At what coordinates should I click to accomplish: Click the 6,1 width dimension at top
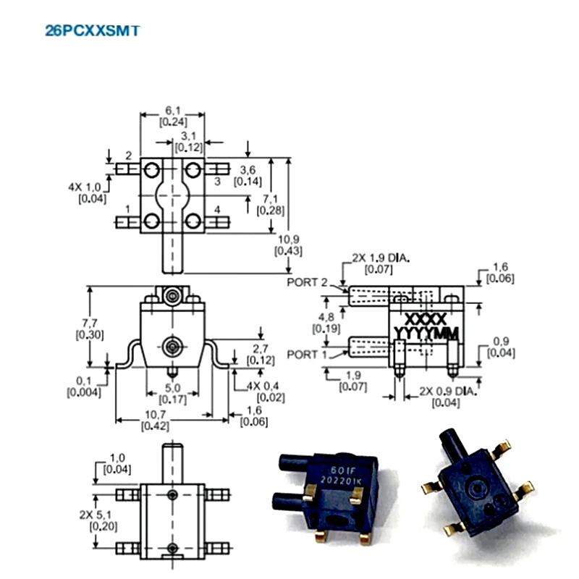tap(172, 110)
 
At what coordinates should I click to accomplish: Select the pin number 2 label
tap(128, 155)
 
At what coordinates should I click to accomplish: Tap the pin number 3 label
tap(217, 181)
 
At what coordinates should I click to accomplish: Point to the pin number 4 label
tap(217, 210)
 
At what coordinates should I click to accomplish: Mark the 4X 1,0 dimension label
tap(93, 187)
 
